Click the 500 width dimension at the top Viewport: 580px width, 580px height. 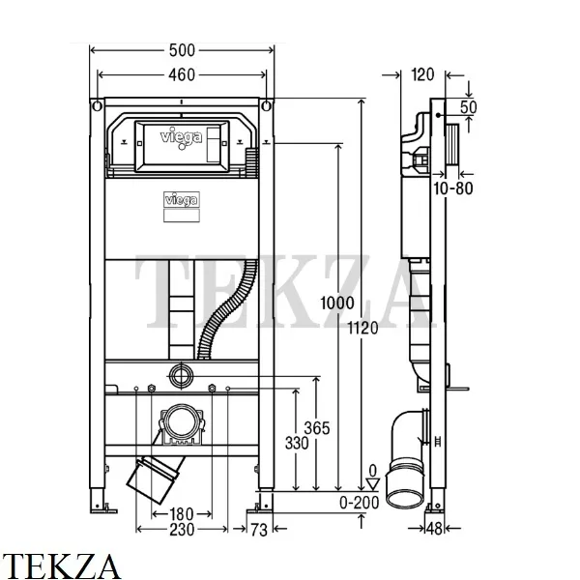[x=182, y=50]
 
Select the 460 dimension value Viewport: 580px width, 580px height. [x=182, y=75]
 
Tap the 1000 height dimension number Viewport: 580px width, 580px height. [x=337, y=304]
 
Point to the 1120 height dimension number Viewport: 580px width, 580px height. [x=362, y=328]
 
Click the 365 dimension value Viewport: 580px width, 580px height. [x=317, y=428]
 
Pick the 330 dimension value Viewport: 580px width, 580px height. [x=297, y=443]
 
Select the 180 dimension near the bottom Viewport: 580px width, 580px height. [x=182, y=514]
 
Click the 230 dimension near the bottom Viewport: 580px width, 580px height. [x=182, y=530]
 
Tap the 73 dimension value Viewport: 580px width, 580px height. [x=258, y=530]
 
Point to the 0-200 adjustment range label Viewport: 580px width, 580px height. [x=360, y=503]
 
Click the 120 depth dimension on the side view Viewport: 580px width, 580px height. [x=422, y=75]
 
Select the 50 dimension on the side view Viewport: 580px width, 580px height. [x=468, y=107]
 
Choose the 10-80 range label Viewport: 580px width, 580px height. [x=453, y=188]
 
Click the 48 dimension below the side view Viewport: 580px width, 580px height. [x=434, y=529]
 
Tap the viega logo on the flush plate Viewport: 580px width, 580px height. [x=182, y=137]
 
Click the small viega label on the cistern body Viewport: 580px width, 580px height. [x=182, y=200]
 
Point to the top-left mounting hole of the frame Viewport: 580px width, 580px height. [x=97, y=106]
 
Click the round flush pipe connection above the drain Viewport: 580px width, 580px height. [x=182, y=375]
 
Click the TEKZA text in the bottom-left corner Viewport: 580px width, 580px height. [x=61, y=565]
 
